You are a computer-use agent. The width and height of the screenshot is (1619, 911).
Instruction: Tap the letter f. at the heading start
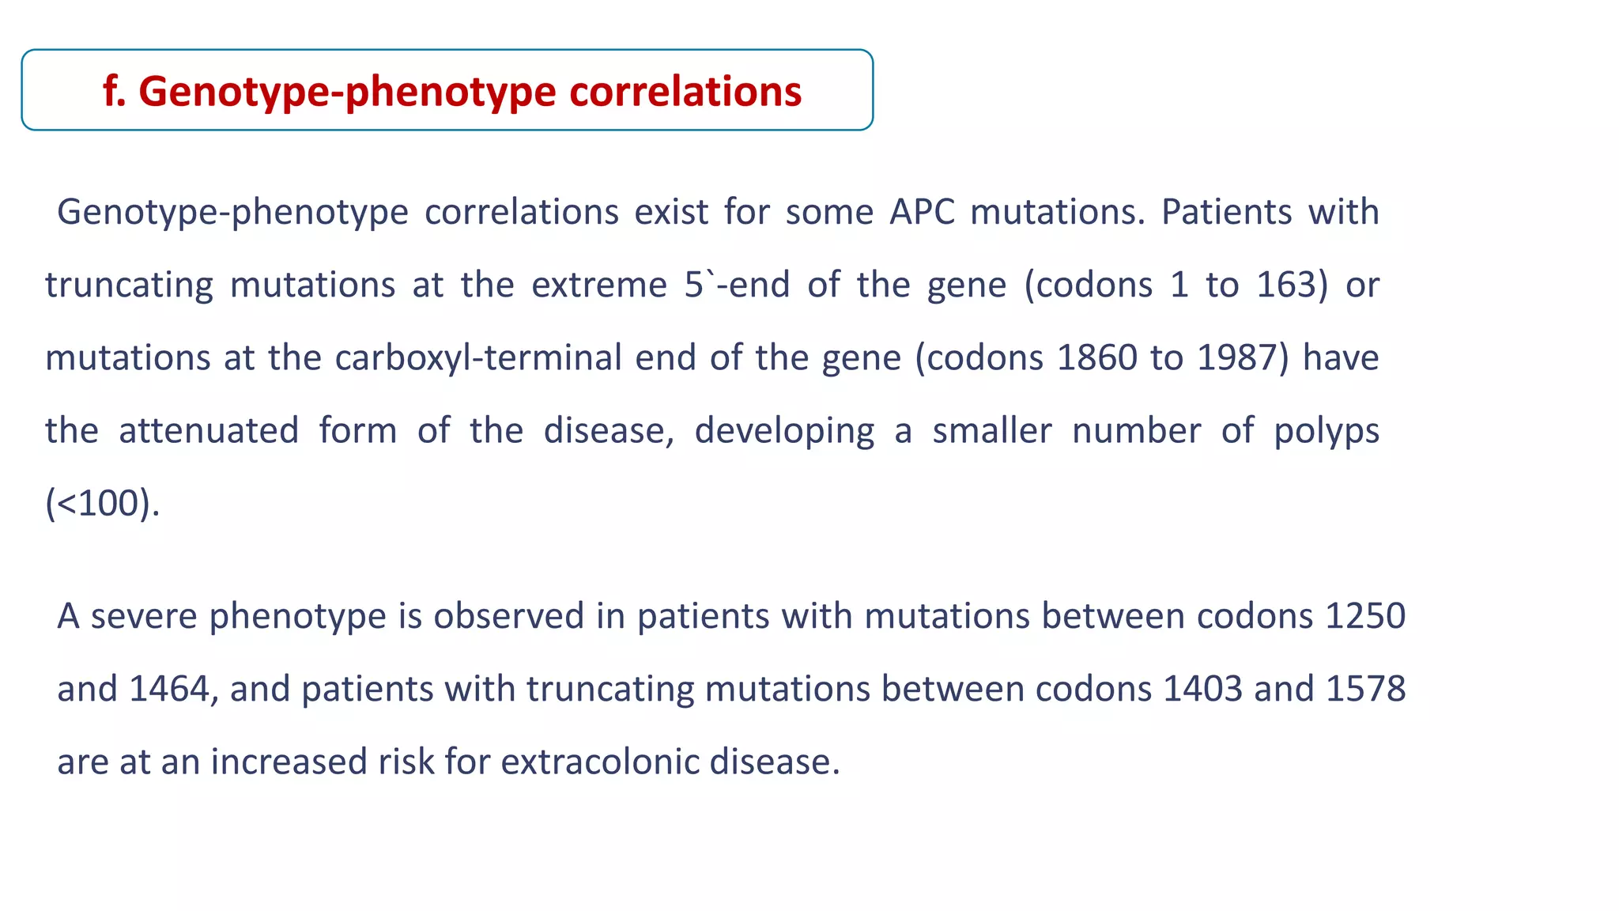(x=114, y=91)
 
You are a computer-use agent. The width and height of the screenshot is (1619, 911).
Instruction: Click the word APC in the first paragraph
(x=922, y=212)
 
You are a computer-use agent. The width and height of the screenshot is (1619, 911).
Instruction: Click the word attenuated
(x=209, y=431)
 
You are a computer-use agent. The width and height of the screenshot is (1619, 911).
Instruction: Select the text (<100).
(x=102, y=504)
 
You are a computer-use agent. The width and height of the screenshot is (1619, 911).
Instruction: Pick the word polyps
(x=1326, y=431)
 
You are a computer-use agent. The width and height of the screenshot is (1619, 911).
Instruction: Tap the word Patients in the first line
(x=1225, y=212)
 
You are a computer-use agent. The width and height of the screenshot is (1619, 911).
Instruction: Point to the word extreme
(x=598, y=285)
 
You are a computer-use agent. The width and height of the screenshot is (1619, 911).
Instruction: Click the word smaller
(x=991, y=431)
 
